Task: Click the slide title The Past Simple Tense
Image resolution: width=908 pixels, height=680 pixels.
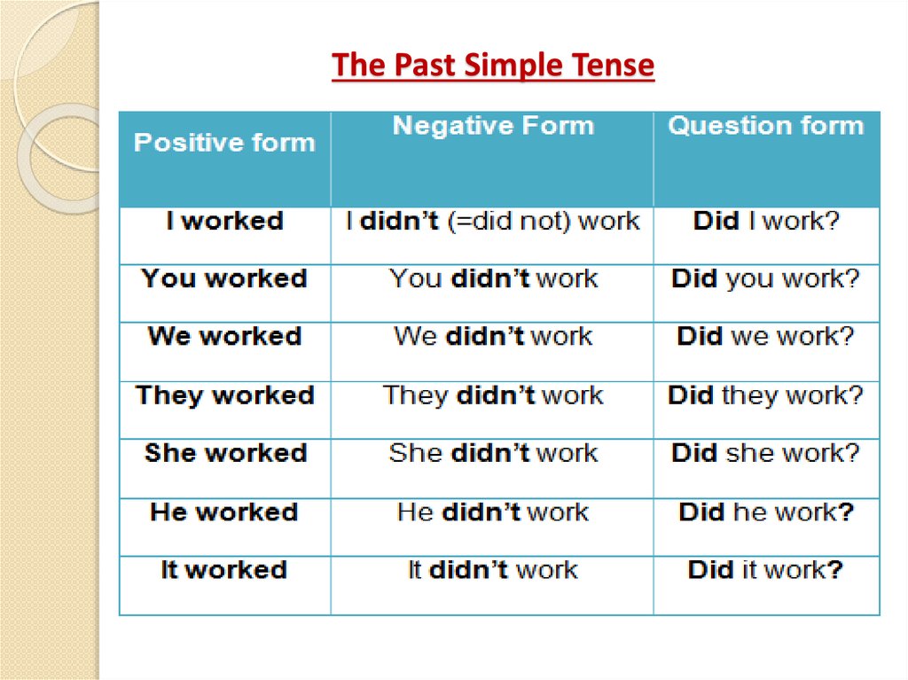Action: [493, 66]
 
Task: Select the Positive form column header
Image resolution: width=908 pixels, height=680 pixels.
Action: [224, 143]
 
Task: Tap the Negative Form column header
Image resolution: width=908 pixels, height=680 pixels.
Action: [493, 126]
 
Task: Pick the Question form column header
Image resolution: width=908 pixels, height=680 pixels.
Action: [766, 126]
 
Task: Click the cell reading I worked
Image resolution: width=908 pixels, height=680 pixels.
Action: [224, 221]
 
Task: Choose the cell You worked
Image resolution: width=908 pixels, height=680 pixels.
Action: [224, 278]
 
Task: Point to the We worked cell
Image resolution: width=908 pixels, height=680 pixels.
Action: [224, 337]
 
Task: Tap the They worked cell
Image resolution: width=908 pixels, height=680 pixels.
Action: [224, 395]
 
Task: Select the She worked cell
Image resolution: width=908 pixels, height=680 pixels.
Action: [224, 453]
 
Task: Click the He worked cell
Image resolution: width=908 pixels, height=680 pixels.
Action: [224, 512]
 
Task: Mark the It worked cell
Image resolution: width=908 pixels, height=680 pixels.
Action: [224, 569]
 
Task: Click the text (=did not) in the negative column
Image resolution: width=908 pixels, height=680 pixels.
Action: [508, 221]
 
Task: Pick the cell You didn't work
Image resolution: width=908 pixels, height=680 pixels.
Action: [493, 278]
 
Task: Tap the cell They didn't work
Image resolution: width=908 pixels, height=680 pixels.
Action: [493, 395]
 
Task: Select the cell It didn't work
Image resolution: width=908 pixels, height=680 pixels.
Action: [493, 569]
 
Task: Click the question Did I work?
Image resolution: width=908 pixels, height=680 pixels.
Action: [766, 221]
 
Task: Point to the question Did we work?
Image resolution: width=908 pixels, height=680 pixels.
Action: [766, 337]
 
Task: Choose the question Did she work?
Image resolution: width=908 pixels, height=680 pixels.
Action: [766, 453]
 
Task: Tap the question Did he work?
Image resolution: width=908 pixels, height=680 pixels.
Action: [766, 512]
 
